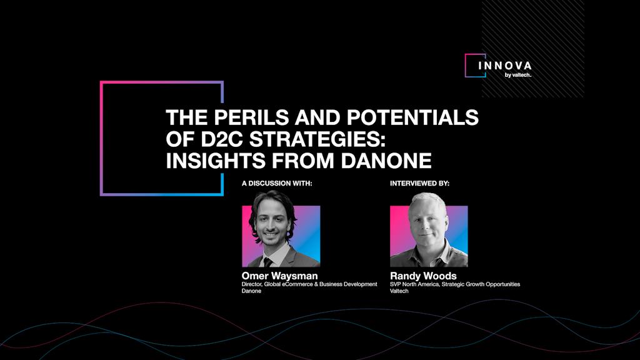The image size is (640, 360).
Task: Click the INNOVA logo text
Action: pos(505,66)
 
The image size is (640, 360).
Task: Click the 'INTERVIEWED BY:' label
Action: pos(419,184)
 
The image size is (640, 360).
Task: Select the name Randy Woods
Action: pos(423,276)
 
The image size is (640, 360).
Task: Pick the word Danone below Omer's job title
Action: pos(251,291)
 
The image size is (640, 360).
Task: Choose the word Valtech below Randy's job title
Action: pos(399,291)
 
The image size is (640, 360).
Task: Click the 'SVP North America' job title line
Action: pos(455,284)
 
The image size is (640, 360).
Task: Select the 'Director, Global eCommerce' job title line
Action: pos(309,284)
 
